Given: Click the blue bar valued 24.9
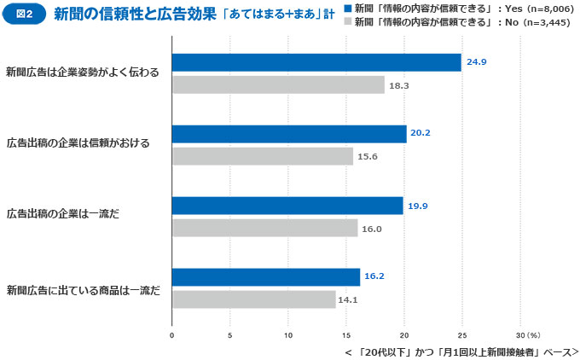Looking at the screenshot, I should click(x=316, y=62).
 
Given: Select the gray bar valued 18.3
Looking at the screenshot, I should click(x=278, y=85).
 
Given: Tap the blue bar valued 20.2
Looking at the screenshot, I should click(x=289, y=134).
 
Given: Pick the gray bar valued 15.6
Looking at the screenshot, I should click(x=262, y=156).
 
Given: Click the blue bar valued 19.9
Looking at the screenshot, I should click(x=287, y=206).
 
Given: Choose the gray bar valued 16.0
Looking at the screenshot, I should click(x=264, y=228).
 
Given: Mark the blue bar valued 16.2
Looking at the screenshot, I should click(x=266, y=277).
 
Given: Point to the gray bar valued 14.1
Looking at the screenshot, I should click(x=253, y=299).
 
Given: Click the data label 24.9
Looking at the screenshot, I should click(x=474, y=62).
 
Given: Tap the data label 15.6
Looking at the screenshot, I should click(x=367, y=156).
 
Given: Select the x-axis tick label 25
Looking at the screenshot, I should click(x=462, y=334).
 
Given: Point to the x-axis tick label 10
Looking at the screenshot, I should click(x=288, y=334).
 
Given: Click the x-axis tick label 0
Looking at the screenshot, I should click(x=172, y=334).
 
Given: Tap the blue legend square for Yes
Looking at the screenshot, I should click(x=347, y=8).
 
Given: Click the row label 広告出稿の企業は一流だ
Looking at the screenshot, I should click(x=61, y=213).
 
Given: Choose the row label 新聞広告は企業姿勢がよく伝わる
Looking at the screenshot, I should click(x=82, y=71).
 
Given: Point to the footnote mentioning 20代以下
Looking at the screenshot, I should click(x=461, y=351).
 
